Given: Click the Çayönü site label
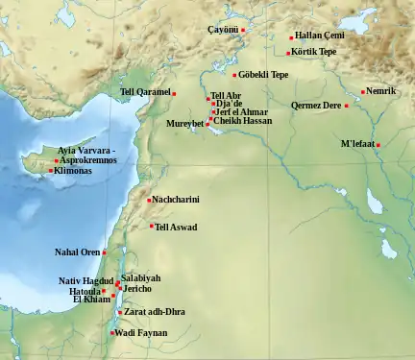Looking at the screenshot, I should point(223,31).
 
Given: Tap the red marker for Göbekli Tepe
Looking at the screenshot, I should point(234,75).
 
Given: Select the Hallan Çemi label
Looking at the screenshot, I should point(319,36).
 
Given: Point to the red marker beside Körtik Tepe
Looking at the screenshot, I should point(288,53).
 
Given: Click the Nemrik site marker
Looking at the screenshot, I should point(363,92).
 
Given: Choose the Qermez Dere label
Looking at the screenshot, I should point(316,106).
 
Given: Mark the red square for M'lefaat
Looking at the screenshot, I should point(378,145).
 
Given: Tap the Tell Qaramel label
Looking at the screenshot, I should point(144,92).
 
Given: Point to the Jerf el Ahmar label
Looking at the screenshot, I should point(241,112).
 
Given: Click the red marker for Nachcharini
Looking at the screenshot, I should point(149,200).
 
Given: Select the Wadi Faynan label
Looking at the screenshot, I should point(142,333).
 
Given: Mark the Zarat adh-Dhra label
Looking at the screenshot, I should point(155,312).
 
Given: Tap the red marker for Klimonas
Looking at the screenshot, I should point(51,171).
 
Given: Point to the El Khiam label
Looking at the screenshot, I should point(93,300).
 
